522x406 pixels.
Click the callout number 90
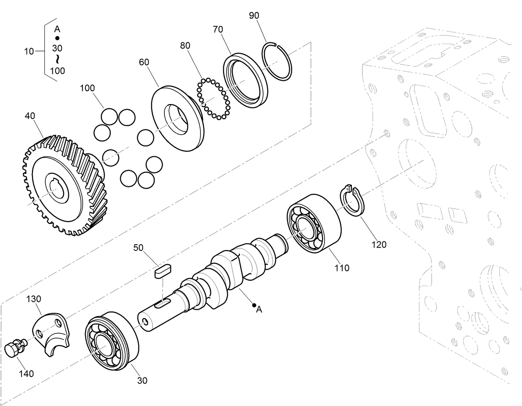(x=254, y=16)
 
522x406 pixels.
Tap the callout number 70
(x=218, y=29)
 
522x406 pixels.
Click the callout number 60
(x=144, y=62)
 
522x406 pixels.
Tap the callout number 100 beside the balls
(x=87, y=88)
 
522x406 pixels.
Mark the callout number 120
(x=378, y=244)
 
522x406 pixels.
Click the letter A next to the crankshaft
(x=259, y=309)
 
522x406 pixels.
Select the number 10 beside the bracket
(x=29, y=51)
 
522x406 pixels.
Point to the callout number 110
(x=342, y=268)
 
